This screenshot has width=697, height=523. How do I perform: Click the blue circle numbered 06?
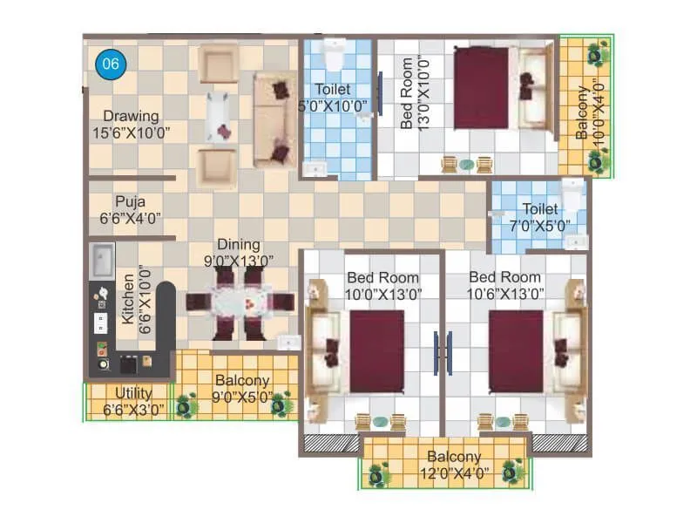tap(111, 63)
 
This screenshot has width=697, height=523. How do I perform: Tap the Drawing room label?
tap(131, 116)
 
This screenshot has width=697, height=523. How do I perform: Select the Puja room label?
tap(130, 200)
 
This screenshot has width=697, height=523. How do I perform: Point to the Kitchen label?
tap(129, 301)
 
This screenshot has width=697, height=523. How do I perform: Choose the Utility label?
tap(133, 394)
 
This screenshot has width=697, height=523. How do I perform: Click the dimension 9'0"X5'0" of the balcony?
tap(242, 397)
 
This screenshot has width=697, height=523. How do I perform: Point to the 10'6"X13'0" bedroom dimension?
tap(504, 293)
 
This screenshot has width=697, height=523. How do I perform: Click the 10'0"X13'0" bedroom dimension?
tap(383, 293)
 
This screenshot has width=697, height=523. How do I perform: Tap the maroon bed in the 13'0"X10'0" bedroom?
tap(480, 88)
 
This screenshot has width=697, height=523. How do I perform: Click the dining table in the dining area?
tap(238, 303)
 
